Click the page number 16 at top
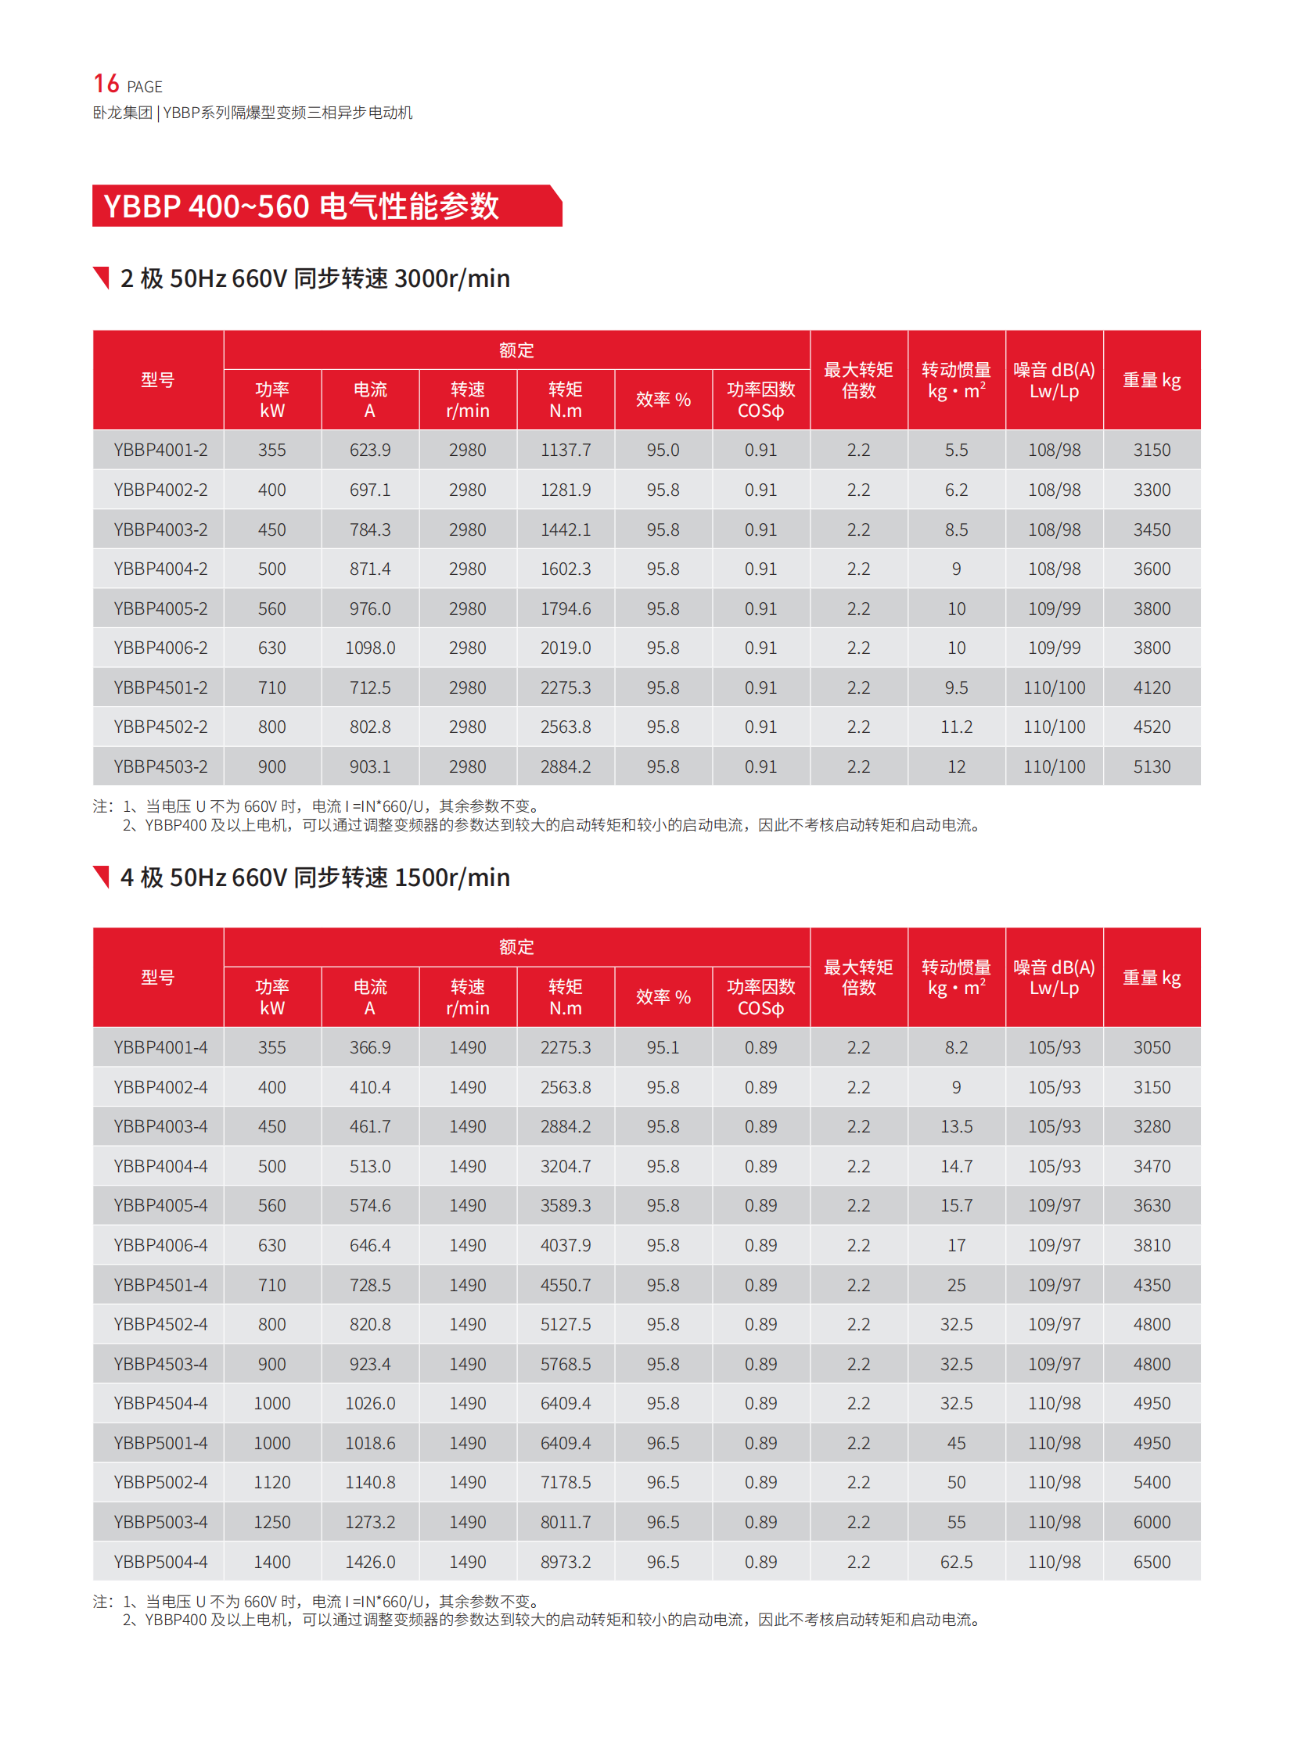coord(106,84)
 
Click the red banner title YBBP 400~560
coord(300,206)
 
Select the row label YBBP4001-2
coord(160,450)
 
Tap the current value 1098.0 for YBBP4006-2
coord(370,648)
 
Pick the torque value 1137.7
coord(565,450)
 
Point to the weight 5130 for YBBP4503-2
coord(1152,766)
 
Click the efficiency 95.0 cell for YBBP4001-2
coord(663,450)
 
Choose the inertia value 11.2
coord(955,727)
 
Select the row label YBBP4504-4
coord(160,1402)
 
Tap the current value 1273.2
coord(370,1522)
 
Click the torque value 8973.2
coord(565,1562)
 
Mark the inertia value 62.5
coord(955,1562)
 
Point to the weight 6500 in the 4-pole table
coord(1152,1562)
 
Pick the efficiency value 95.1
coord(663,1047)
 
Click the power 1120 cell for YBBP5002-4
coord(271,1482)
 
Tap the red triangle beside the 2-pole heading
coord(102,277)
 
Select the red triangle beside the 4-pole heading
coord(102,876)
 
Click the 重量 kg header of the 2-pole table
coord(1152,381)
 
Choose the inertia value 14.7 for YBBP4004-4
coord(955,1166)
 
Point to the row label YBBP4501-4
coord(160,1284)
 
